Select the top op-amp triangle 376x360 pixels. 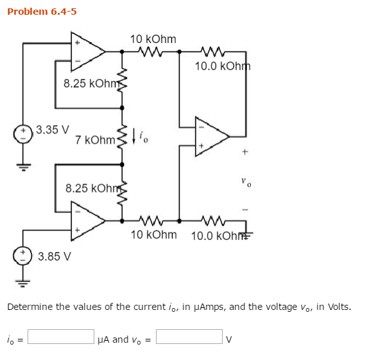(87, 51)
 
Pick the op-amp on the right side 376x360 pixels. (210, 136)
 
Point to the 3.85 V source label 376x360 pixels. (55, 257)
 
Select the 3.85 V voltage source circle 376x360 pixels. (24, 254)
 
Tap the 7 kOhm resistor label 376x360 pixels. (94, 140)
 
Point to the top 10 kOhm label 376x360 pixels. (153, 39)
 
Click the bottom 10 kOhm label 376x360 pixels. (153, 235)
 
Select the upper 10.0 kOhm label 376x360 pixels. (222, 66)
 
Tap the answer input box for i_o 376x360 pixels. (61, 336)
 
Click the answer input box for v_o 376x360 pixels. (189, 336)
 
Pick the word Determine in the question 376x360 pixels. (30, 307)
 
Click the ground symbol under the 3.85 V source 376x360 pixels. (24, 280)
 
